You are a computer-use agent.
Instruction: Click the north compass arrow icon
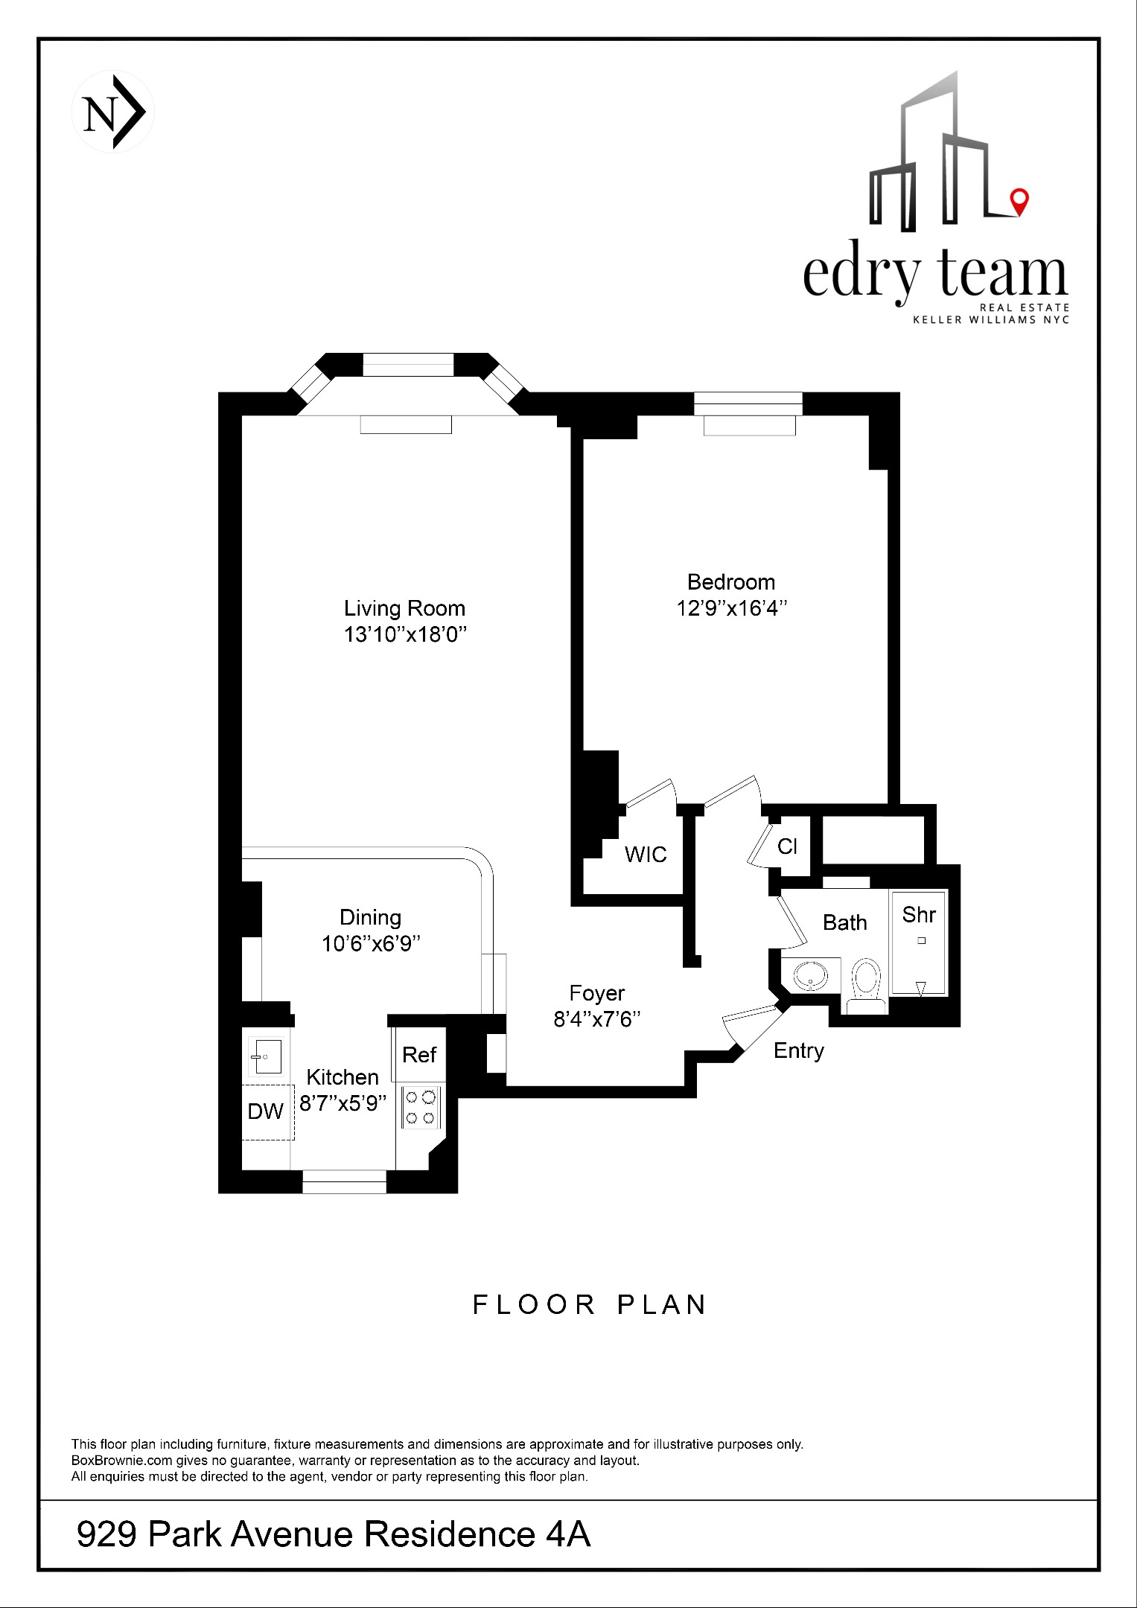coord(112,112)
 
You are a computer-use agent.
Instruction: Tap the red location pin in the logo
coord(1018,200)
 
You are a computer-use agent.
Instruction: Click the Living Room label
coord(404,608)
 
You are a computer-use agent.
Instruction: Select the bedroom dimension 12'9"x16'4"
coord(731,608)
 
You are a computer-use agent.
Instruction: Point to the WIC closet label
coord(646,854)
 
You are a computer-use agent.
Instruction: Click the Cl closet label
coord(787,846)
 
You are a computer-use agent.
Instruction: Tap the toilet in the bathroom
coord(865,982)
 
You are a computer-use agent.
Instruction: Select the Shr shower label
coord(918,914)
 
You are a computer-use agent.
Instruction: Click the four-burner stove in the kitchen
coord(421,1107)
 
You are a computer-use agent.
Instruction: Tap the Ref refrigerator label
coord(419,1054)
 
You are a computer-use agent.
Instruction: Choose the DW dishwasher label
coord(266,1111)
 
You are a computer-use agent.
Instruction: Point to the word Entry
coord(798,1050)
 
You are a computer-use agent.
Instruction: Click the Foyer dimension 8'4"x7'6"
coord(597,1019)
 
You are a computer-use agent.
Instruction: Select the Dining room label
coord(370,917)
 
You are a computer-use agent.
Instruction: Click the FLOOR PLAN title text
coord(590,1305)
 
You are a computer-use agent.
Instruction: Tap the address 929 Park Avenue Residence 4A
coord(334,1534)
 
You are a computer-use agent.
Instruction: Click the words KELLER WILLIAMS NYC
coord(990,320)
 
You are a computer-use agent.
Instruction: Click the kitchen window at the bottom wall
coord(344,1181)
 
